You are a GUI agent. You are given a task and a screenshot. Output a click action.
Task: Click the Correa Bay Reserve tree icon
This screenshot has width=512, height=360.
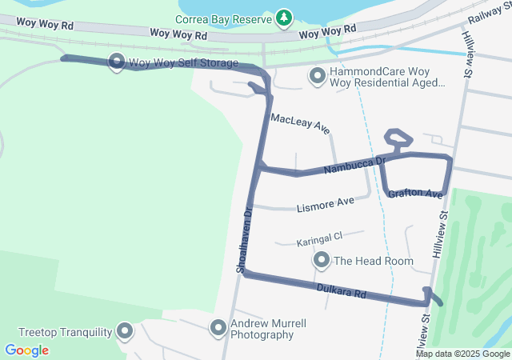tap(283, 16)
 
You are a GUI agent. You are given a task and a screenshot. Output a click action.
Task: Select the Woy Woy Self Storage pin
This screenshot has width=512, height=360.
tap(116, 62)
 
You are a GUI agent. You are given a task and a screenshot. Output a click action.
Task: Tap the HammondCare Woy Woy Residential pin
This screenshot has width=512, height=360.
tap(317, 77)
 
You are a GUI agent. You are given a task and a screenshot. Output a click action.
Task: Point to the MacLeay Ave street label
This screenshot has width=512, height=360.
tap(300, 123)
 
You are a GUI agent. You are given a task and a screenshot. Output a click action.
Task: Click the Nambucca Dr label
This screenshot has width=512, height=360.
tap(354, 166)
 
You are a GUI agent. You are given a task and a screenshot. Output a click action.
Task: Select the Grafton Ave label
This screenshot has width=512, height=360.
tap(415, 194)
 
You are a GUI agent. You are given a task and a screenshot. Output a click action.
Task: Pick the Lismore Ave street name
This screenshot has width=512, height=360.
tap(325, 204)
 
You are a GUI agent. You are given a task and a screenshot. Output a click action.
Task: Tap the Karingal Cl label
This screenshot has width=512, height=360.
tap(319, 238)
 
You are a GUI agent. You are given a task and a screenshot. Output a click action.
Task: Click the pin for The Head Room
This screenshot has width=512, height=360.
tap(322, 260)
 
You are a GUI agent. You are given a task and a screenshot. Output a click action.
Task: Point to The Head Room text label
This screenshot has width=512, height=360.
tap(374, 261)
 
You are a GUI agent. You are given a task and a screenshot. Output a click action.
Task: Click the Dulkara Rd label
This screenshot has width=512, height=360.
tap(341, 290)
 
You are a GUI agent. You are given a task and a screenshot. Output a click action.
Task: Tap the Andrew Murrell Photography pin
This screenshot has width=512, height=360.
tap(218, 327)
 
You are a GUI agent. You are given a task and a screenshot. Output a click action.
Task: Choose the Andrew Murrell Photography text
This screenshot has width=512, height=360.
tap(268, 329)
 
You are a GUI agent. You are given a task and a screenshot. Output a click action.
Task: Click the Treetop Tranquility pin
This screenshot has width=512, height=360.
tap(125, 330)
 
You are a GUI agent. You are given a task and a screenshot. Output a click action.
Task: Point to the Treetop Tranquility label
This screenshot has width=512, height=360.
tap(65, 332)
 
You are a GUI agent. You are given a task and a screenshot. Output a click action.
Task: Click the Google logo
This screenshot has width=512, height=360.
tap(27, 350)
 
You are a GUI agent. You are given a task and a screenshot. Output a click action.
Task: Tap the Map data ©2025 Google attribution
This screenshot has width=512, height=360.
tap(462, 354)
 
